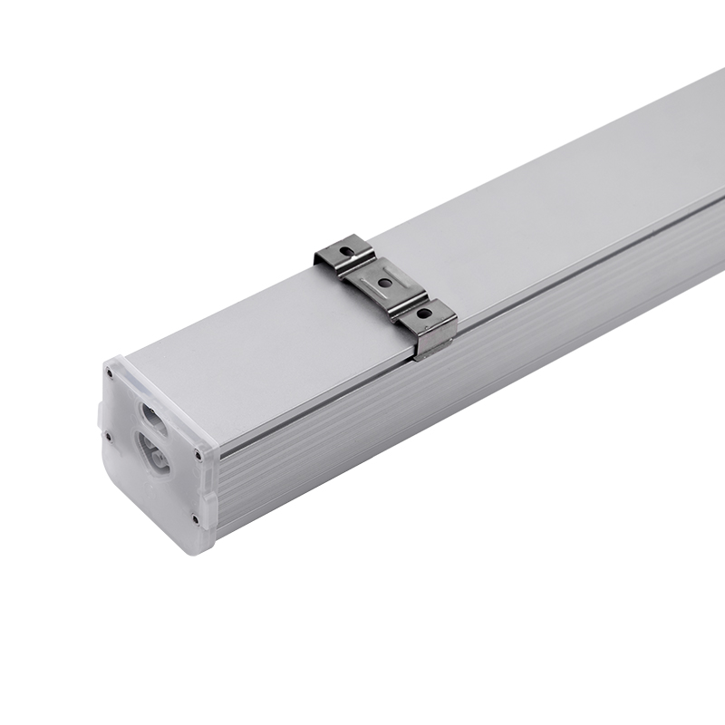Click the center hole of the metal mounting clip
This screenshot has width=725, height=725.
384,283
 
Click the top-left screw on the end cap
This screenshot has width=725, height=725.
109,372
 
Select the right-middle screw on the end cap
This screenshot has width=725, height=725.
199,456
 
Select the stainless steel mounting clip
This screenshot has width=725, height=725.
384,288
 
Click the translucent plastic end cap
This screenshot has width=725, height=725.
154,453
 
